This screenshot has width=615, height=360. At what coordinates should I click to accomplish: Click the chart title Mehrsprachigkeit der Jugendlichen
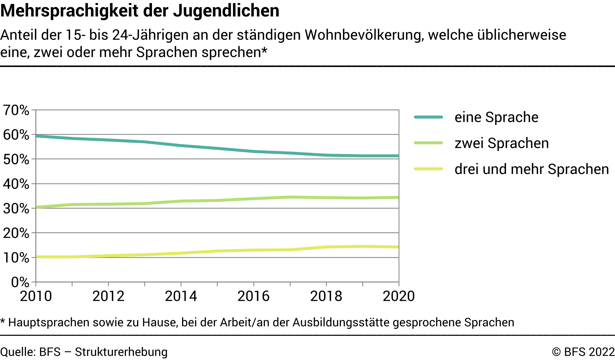[x=140, y=11]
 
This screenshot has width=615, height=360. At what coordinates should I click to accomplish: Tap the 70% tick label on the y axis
[x=16, y=110]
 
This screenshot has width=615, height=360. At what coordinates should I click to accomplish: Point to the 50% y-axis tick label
[x=16, y=159]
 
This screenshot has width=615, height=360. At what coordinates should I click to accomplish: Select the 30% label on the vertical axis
[x=16, y=209]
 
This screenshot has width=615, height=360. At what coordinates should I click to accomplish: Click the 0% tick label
[x=20, y=282]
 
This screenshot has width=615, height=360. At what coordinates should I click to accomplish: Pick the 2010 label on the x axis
[x=36, y=296]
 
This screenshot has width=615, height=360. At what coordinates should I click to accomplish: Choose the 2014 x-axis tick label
[x=181, y=296]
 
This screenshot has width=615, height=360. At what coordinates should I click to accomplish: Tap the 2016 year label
[x=254, y=296]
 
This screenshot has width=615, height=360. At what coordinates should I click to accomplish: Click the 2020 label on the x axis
[x=399, y=296]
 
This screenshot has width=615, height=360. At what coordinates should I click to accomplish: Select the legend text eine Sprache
[x=496, y=117]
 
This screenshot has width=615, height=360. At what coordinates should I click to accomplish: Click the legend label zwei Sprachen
[x=501, y=143]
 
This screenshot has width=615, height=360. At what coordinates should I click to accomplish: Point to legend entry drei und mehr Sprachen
[x=532, y=169]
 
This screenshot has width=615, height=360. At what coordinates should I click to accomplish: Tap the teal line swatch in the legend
[x=429, y=117]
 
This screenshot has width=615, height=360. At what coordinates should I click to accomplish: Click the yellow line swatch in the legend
[x=429, y=169]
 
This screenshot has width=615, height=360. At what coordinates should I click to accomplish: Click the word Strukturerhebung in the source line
[x=121, y=352]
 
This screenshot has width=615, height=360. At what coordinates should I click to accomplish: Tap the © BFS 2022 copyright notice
[x=583, y=352]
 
